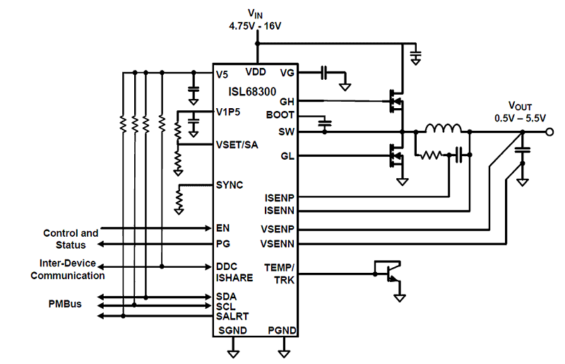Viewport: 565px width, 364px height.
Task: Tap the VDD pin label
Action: [256, 72]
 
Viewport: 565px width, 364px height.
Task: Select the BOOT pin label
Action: [280, 115]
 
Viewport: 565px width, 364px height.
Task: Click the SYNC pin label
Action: [230, 185]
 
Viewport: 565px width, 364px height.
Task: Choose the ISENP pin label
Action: [279, 197]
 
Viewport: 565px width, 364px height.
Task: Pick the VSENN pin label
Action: [278, 243]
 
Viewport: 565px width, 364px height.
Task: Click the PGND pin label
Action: [282, 331]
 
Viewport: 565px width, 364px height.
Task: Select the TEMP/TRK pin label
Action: [280, 273]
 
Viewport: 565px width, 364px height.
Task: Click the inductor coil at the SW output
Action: [442, 129]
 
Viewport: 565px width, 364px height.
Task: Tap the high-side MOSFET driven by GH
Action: [396, 100]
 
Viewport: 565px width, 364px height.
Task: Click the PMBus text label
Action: [64, 305]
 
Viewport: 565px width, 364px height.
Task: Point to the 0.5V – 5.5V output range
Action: [521, 118]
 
